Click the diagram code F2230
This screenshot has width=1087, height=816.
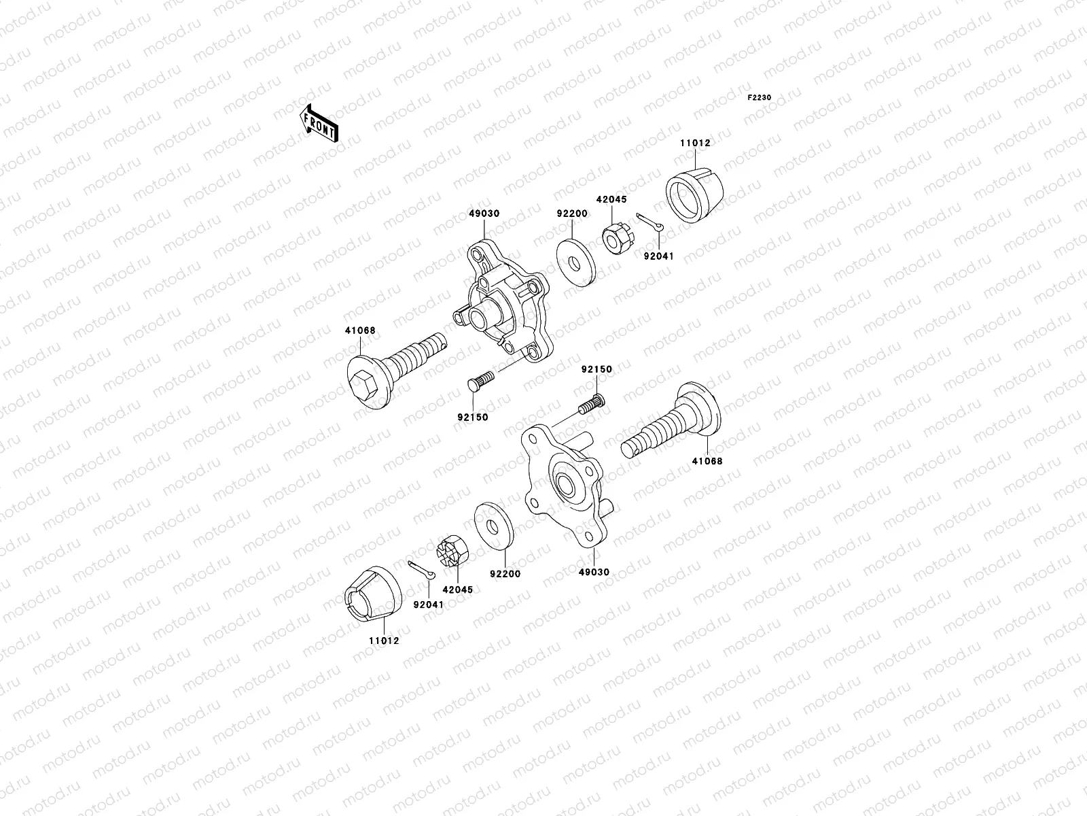760,98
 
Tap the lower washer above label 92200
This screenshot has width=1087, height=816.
493,524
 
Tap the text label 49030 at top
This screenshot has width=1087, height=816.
484,214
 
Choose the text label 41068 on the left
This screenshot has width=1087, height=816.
359,330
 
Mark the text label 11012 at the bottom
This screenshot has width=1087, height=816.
384,641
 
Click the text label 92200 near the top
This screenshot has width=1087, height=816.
572,214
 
